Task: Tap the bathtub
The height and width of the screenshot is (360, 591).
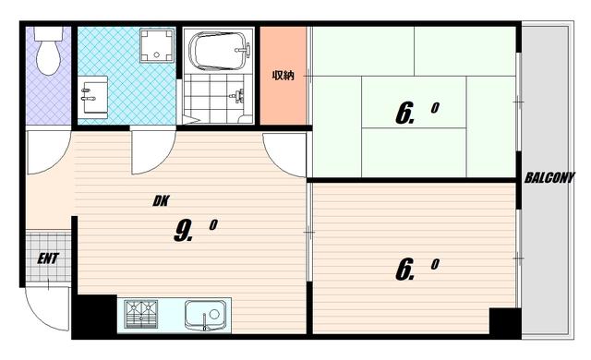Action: click(220, 51)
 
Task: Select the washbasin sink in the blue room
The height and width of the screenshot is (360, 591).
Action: click(94, 95)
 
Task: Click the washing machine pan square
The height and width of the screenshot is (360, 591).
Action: click(157, 45)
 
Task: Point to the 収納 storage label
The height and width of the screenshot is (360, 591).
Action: click(283, 76)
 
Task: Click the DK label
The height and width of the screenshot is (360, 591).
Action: click(161, 201)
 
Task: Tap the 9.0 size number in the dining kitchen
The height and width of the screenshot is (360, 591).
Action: click(195, 230)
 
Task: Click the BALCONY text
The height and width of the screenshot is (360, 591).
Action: click(549, 178)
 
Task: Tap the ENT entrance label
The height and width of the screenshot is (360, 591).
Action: click(48, 258)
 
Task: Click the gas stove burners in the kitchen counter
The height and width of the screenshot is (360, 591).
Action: click(141, 314)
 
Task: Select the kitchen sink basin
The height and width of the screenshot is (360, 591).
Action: click(207, 315)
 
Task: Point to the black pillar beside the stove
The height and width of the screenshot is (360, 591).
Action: click(94, 317)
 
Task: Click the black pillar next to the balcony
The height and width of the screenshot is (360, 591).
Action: click(505, 321)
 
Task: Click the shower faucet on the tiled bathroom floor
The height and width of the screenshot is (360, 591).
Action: click(237, 96)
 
